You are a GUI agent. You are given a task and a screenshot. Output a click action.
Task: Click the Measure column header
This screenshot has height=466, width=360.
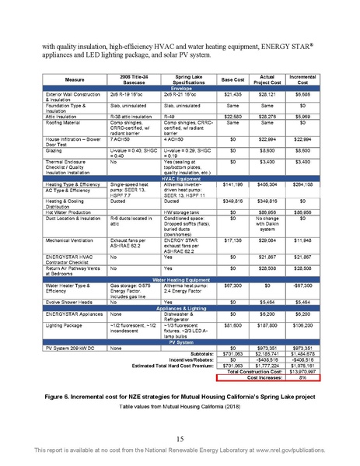pyautogui.click(x=75, y=80)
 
